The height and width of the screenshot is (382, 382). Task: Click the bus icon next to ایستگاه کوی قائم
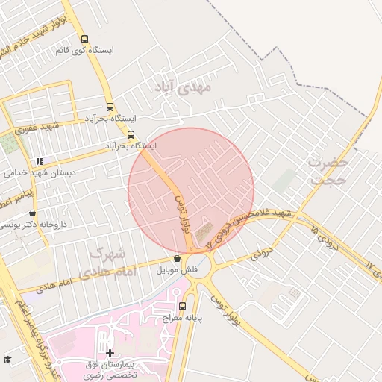(84, 39)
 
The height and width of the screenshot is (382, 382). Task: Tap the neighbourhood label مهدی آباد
(183, 87)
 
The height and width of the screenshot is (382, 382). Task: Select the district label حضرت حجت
(329, 171)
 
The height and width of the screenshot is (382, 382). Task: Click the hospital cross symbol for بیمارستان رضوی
(110, 352)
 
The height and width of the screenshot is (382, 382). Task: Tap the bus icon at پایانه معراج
(183, 306)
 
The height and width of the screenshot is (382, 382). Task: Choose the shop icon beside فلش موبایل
(177, 259)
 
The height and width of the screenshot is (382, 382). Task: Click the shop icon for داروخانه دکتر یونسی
(31, 213)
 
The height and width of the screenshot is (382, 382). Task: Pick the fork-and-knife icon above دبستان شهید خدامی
(40, 160)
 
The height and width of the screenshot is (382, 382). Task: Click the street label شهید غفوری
(22, 129)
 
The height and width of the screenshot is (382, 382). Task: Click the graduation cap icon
(7, 360)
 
